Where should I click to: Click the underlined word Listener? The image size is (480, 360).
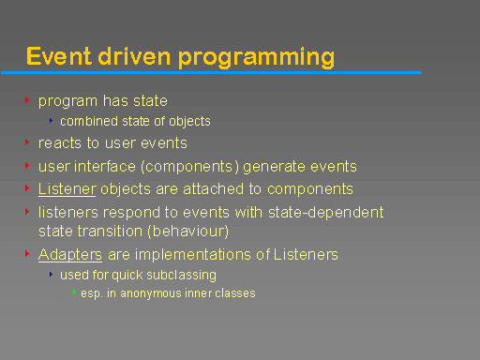click(x=67, y=189)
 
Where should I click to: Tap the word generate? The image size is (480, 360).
click(x=275, y=167)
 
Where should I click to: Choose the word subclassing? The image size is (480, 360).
click(x=180, y=275)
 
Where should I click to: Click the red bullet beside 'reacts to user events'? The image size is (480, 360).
click(x=27, y=143)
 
